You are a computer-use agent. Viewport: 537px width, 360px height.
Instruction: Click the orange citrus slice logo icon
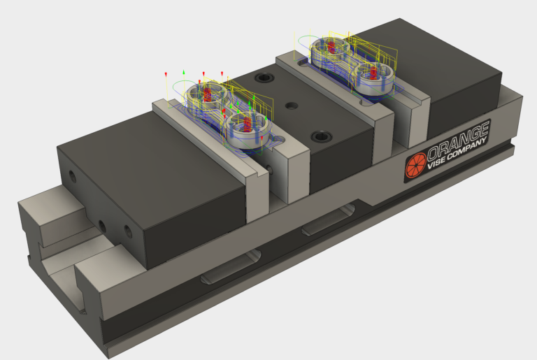pos(415,165)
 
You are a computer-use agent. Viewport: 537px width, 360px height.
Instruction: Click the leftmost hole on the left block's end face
pos(70,173)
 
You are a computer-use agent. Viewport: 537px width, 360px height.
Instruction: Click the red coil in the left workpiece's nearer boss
pos(245,125)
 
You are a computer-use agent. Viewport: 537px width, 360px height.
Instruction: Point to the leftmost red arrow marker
pos(166,75)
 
